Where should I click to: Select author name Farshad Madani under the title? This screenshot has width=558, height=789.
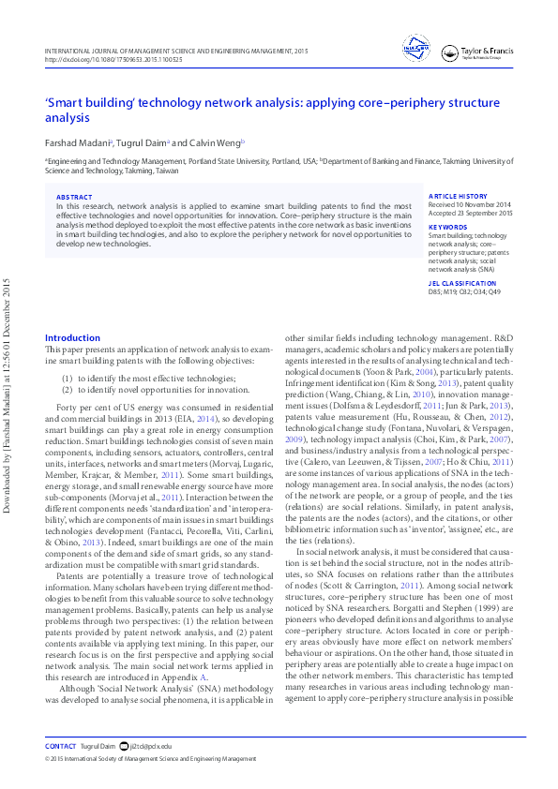tap(79, 142)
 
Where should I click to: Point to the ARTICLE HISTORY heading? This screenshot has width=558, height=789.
tap(458, 197)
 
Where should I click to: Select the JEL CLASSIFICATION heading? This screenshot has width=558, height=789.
tap(462, 282)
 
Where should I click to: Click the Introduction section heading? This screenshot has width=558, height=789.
tap(72, 337)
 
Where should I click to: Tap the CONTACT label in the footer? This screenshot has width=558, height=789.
tap(60, 746)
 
